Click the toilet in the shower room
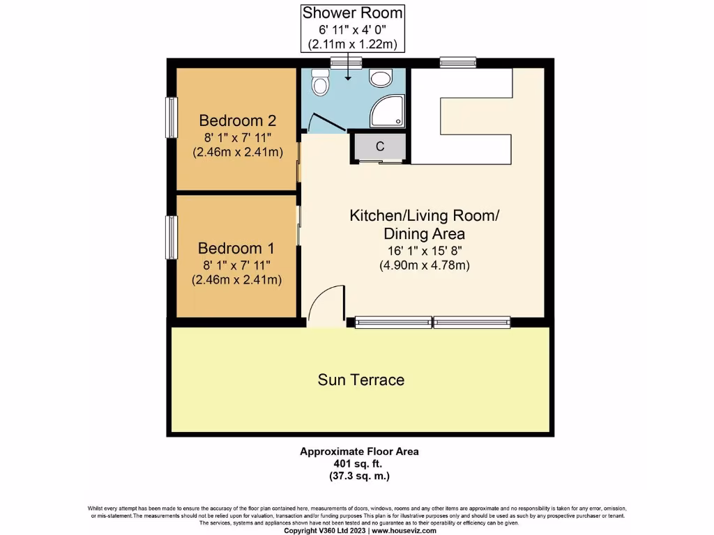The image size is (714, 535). click(x=320, y=84)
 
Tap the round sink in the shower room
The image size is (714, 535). click(x=381, y=79)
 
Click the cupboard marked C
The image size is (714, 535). click(x=380, y=147)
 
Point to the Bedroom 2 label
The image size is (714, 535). click(x=237, y=120)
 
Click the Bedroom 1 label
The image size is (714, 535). click(x=236, y=248)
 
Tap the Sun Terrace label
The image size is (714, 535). click(x=360, y=380)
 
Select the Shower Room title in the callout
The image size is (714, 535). click(x=352, y=13)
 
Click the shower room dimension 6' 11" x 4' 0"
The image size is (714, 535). click(x=352, y=29)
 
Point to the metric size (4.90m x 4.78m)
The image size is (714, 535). click(x=424, y=265)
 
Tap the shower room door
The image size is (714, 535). click(x=325, y=123)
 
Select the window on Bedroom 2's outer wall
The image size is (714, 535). click(x=171, y=117)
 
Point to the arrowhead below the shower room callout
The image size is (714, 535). click(x=347, y=77)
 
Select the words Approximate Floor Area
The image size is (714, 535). click(x=359, y=451)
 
